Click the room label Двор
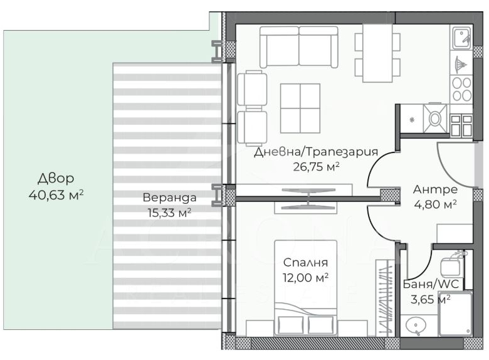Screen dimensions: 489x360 click(56, 179)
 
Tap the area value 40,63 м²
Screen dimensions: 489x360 click(56, 195)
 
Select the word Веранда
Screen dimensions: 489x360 click(169, 198)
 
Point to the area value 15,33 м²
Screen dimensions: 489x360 click(169, 213)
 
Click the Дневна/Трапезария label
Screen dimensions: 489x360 click(316, 152)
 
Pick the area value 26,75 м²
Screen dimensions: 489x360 click(316, 167)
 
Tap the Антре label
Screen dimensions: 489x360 click(435, 189)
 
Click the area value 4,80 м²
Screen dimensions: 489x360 click(435, 204)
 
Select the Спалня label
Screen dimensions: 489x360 click(305, 263)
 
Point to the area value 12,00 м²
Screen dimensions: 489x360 click(305, 277)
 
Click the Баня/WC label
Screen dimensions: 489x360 click(431, 284)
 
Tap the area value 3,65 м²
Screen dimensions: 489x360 click(430, 300)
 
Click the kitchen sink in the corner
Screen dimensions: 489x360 click(462, 38)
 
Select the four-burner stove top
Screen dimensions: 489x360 click(462, 89)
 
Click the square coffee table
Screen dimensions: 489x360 click(300, 109)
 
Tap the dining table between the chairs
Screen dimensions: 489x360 click(377, 53)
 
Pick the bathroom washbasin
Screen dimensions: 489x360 click(416, 326)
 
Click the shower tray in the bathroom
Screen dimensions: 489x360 click(455, 314)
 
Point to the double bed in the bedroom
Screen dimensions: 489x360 click(306, 288)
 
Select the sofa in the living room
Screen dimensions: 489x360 click(299, 47)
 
